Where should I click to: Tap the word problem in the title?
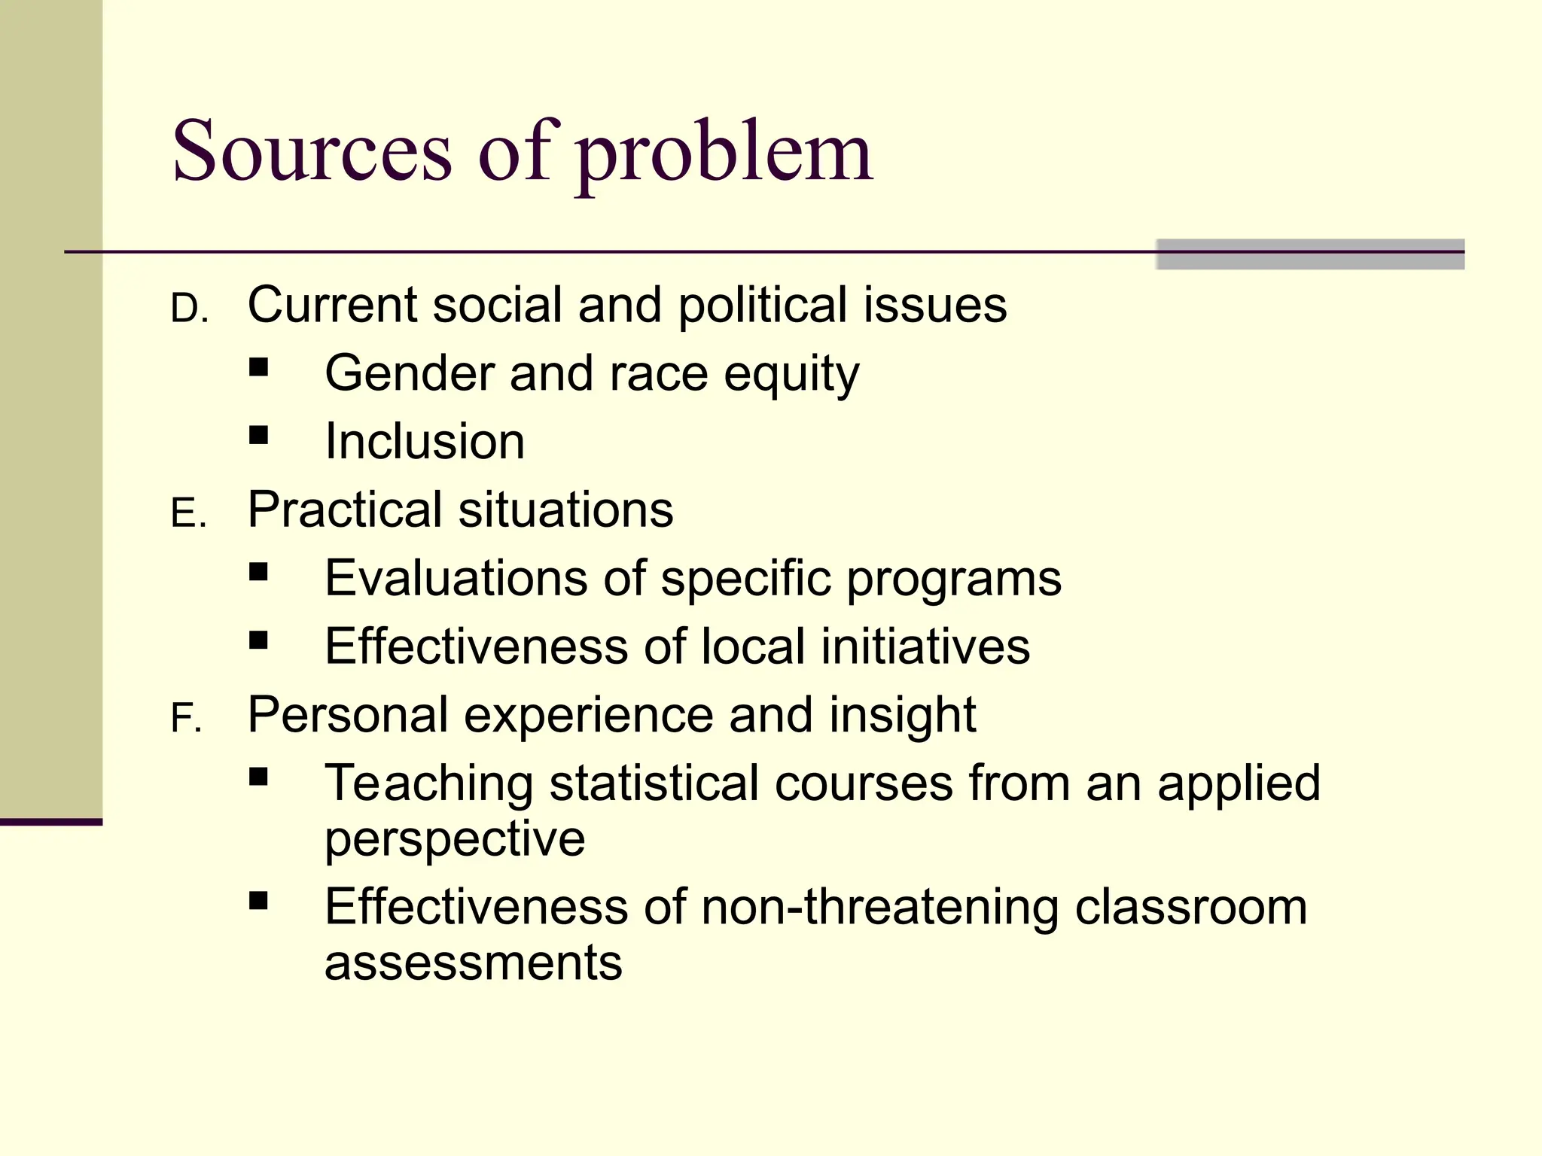tap(724, 154)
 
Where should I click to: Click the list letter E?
tap(188, 515)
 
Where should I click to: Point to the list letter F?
tap(186, 719)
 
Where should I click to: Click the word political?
tap(762, 306)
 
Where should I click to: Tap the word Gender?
tap(409, 373)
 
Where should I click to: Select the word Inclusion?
tap(425, 441)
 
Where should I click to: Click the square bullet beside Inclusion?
tap(259, 435)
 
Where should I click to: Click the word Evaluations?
tap(456, 578)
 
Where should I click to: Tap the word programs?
tap(954, 580)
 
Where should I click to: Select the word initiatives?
tap(925, 646)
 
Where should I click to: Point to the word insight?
tap(902, 715)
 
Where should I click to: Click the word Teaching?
tap(429, 783)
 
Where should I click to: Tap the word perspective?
tap(455, 839)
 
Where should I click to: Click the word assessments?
tap(474, 963)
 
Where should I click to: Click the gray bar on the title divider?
tap(1310, 254)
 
